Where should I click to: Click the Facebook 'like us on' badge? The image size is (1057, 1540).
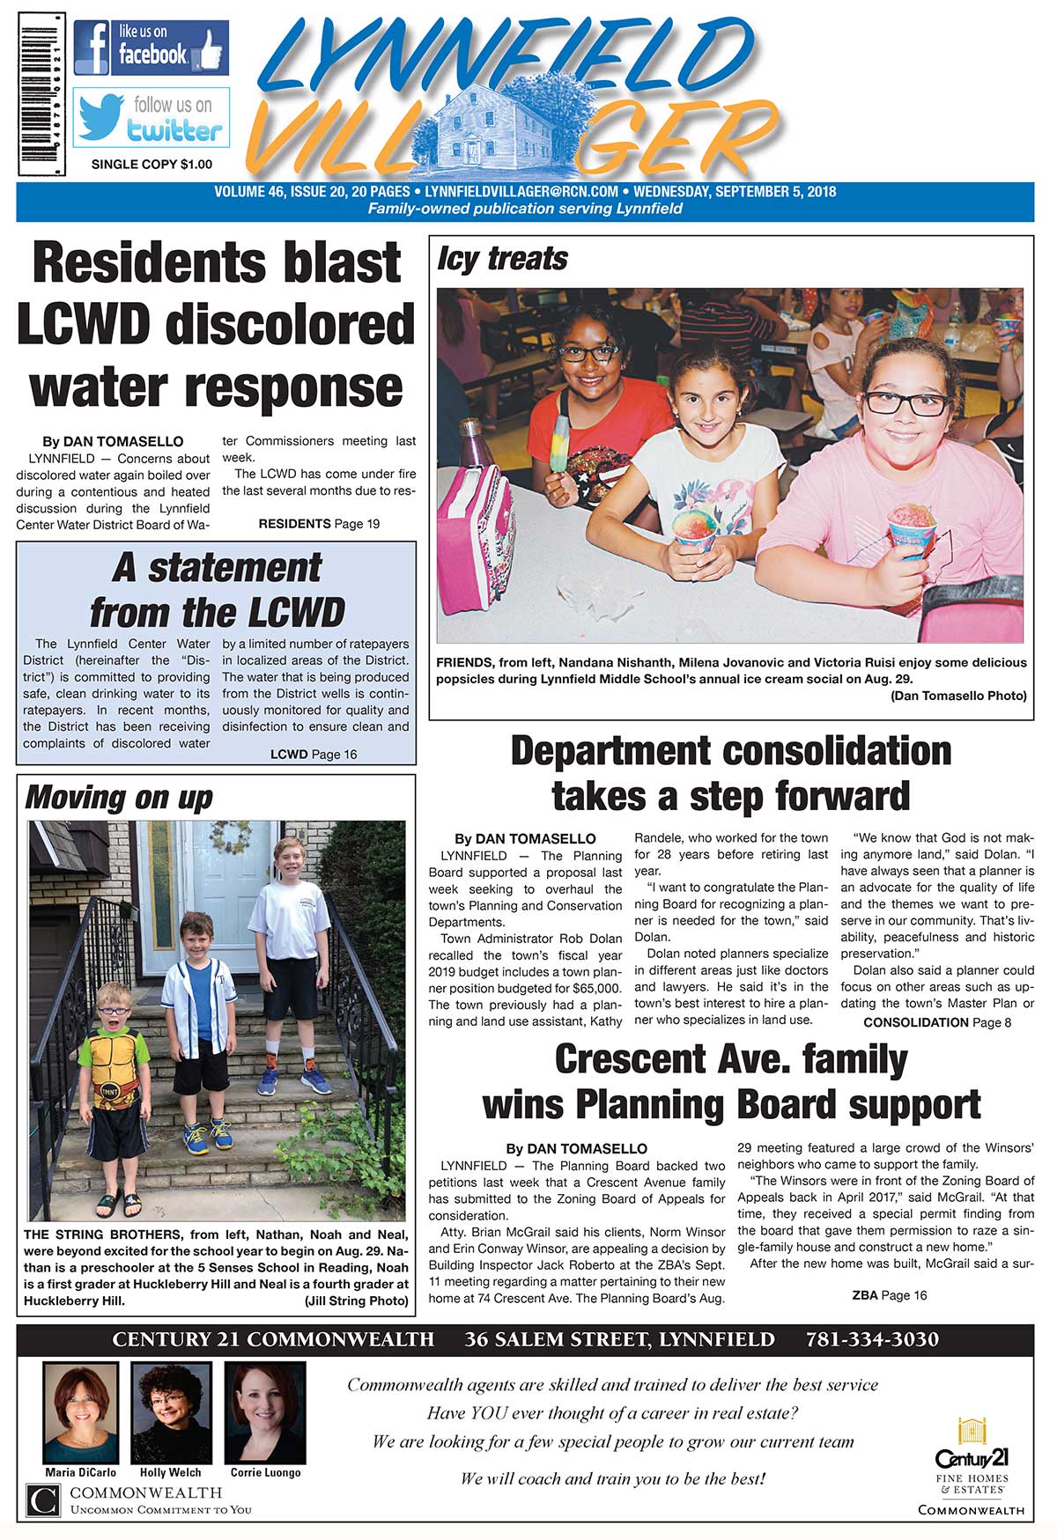coord(151,48)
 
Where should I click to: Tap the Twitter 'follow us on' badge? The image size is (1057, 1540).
coord(151,117)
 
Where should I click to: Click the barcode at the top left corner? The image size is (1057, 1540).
coord(41,94)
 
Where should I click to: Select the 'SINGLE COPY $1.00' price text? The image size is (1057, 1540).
coord(152,164)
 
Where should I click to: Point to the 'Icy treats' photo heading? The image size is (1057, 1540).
coord(502,259)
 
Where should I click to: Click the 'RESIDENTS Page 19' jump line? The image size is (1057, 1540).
coord(319,524)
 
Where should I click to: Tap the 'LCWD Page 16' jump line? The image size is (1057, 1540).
coord(314,755)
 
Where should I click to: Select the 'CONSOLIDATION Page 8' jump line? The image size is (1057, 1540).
coord(937,1022)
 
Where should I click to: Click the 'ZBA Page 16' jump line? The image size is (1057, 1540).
coord(890,1295)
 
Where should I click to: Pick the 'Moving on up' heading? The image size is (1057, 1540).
coord(119,798)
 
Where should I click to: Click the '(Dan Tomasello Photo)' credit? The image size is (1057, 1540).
coord(958,696)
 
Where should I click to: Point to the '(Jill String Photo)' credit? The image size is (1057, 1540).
coord(357,1301)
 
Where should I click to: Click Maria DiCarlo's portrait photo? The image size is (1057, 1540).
coord(81,1413)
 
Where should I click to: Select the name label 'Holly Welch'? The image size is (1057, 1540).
coord(170,1472)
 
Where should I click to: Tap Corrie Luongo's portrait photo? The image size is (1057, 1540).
coord(265,1413)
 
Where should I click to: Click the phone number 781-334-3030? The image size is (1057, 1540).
coord(872,1339)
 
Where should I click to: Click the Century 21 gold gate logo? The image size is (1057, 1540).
coord(971,1432)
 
